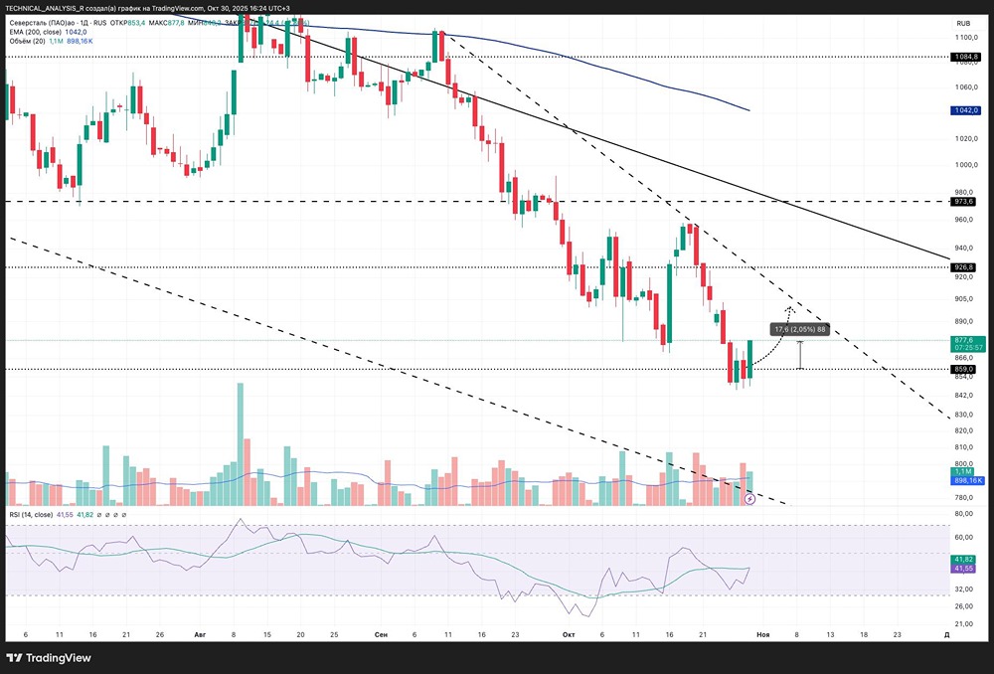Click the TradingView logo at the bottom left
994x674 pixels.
tap(49, 657)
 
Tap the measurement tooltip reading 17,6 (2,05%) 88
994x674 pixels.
tap(799, 328)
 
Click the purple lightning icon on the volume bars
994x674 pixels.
tap(749, 499)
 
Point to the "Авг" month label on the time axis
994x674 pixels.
tap(201, 633)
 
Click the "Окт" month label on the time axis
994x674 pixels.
tap(569, 633)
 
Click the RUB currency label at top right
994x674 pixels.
tap(962, 23)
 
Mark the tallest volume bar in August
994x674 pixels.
tap(240, 443)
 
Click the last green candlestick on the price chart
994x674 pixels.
tap(750, 359)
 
